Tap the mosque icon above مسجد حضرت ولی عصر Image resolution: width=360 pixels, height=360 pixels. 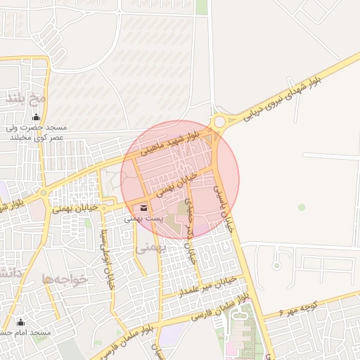[36, 117]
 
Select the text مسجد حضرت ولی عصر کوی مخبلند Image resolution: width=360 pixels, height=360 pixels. [37, 132]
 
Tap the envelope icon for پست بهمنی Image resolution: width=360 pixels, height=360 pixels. [143, 208]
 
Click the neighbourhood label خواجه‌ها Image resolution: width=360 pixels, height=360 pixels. [65, 279]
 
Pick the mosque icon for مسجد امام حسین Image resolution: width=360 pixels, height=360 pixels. [20, 321]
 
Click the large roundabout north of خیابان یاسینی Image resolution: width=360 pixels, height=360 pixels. [220, 122]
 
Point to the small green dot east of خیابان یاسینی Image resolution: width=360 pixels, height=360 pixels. [302, 207]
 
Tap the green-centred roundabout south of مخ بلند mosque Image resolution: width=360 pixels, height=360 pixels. [44, 191]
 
